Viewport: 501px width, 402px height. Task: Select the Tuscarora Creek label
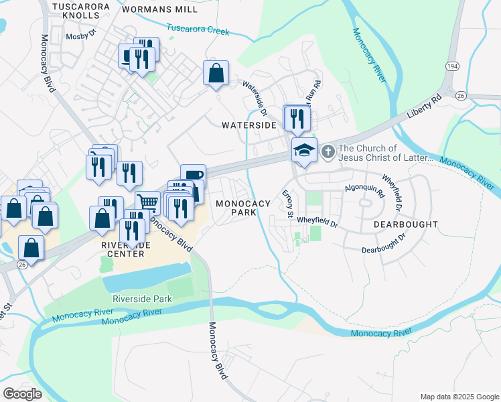tap(198, 30)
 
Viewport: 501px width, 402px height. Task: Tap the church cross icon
tap(328, 152)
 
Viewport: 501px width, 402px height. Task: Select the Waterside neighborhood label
tap(248, 125)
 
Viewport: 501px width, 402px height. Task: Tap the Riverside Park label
tap(142, 299)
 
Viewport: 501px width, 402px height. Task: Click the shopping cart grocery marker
tap(147, 202)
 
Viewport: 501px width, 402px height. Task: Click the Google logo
tap(22, 394)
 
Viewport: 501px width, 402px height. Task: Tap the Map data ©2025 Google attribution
tap(459, 397)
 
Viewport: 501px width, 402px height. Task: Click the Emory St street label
tap(288, 204)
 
